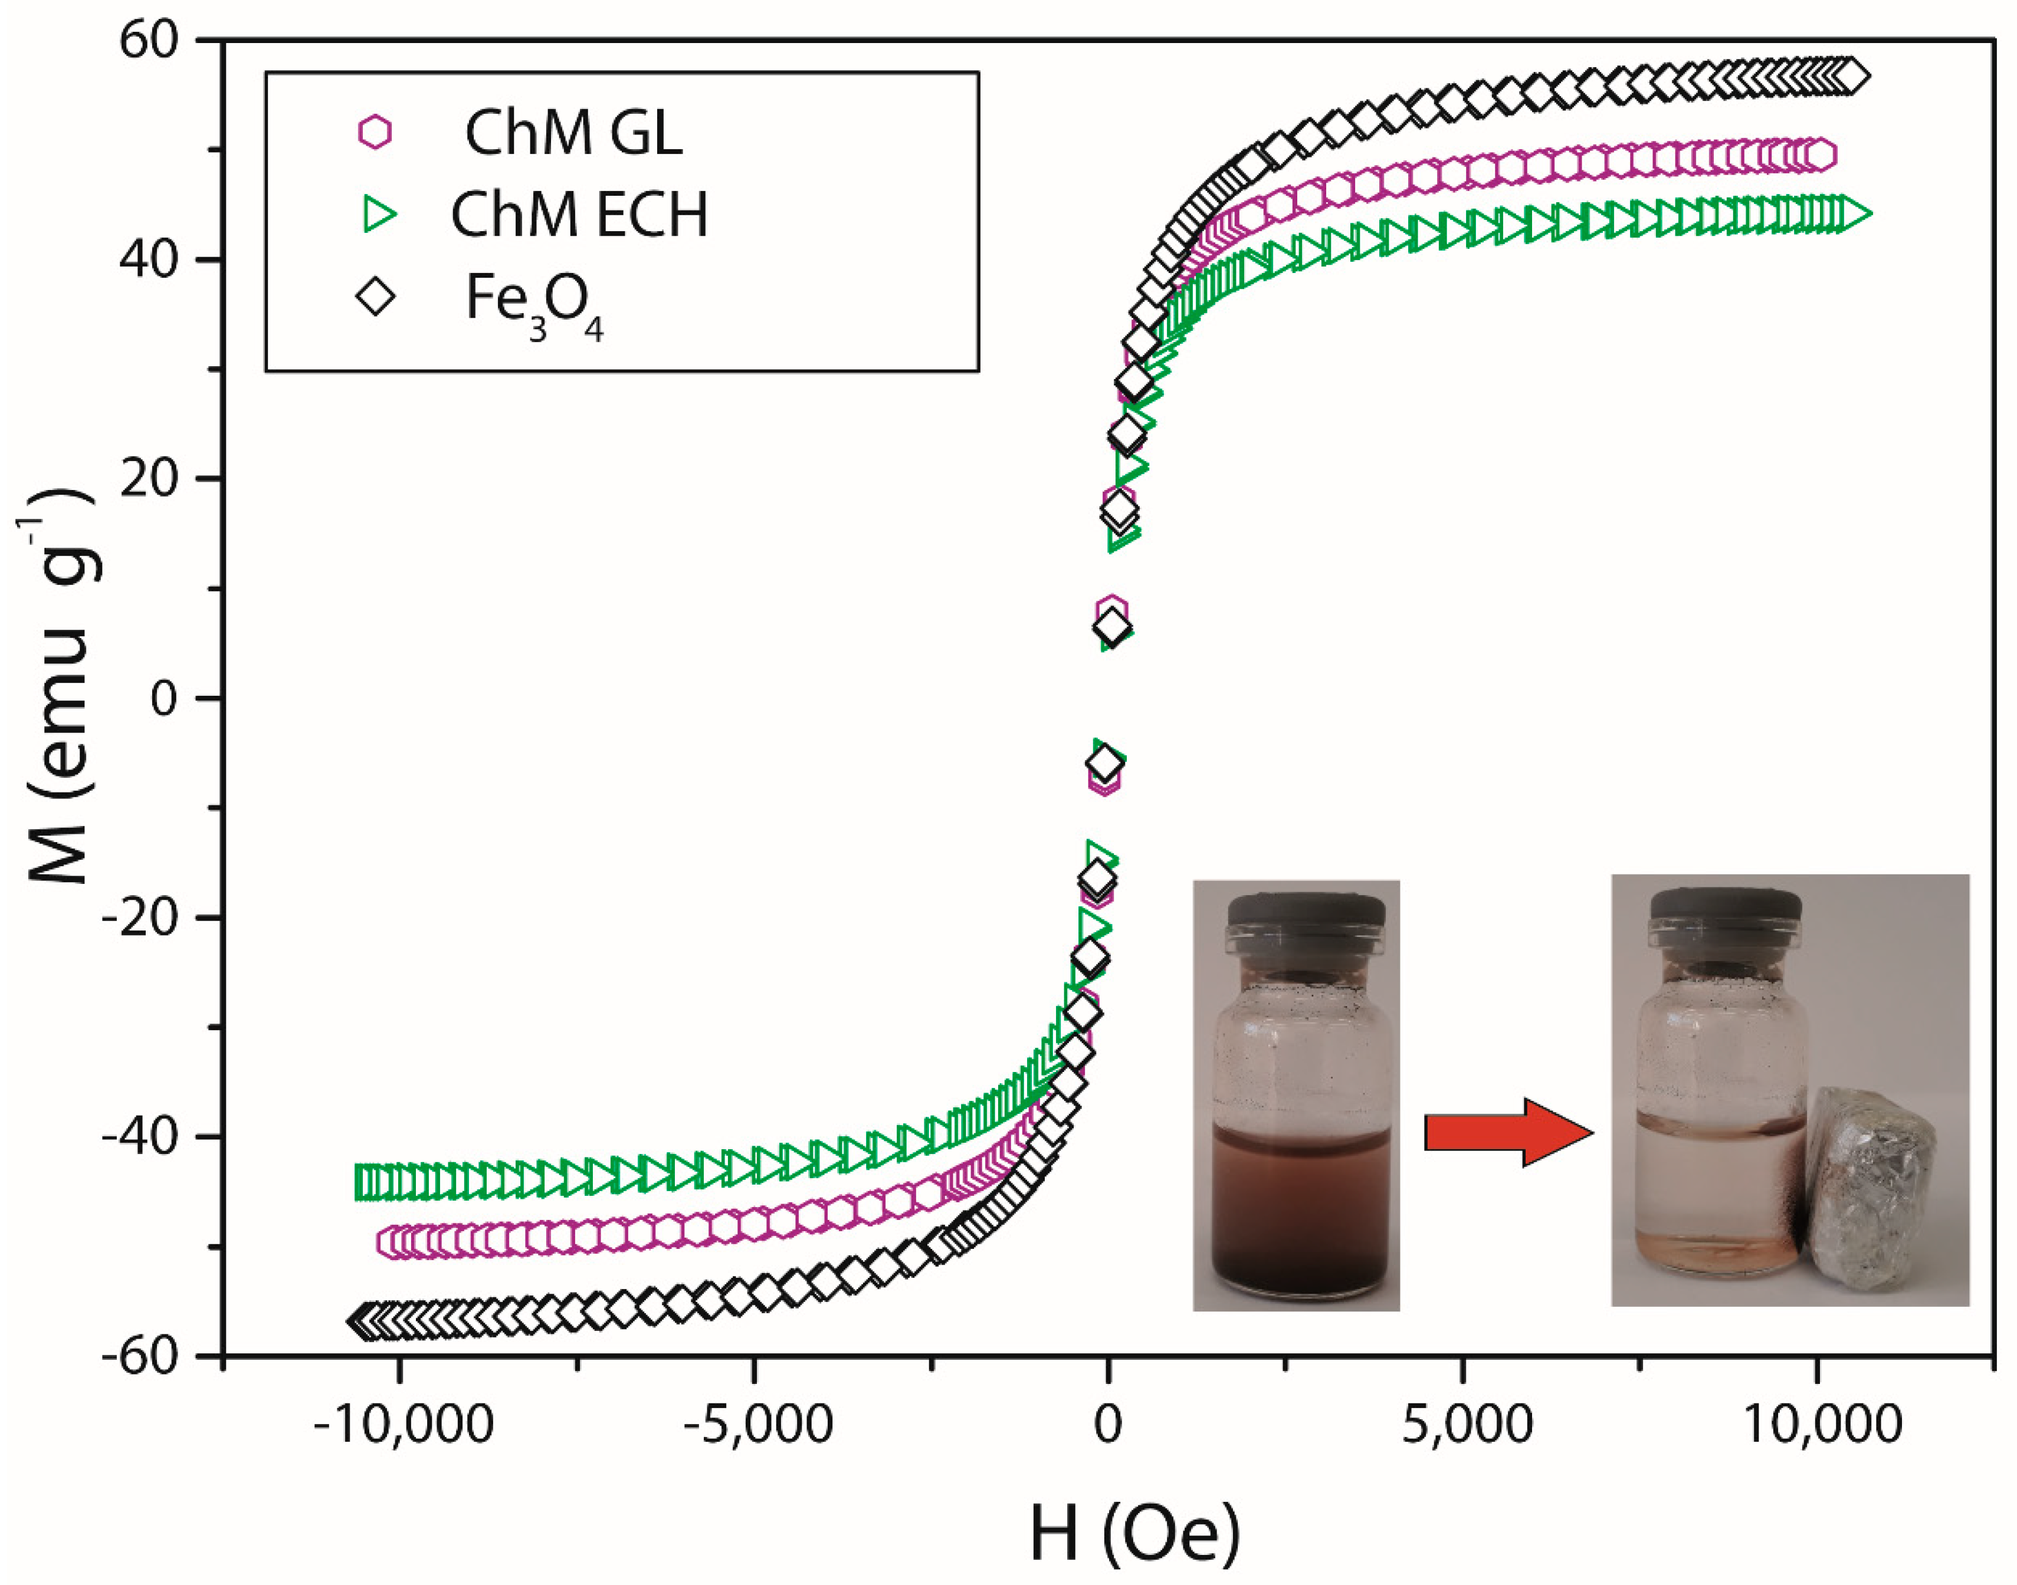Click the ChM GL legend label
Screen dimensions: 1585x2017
pyautogui.click(x=573, y=133)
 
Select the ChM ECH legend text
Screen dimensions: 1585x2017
pyautogui.click(x=579, y=215)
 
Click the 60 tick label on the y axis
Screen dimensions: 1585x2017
pyautogui.click(x=149, y=42)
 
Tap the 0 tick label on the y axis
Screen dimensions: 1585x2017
pyautogui.click(x=163, y=698)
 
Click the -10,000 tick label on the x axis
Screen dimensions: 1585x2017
pyautogui.click(x=403, y=1425)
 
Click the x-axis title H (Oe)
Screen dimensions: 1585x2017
pyautogui.click(x=1134, y=1533)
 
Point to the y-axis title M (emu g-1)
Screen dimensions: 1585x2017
pyautogui.click(x=58, y=687)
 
